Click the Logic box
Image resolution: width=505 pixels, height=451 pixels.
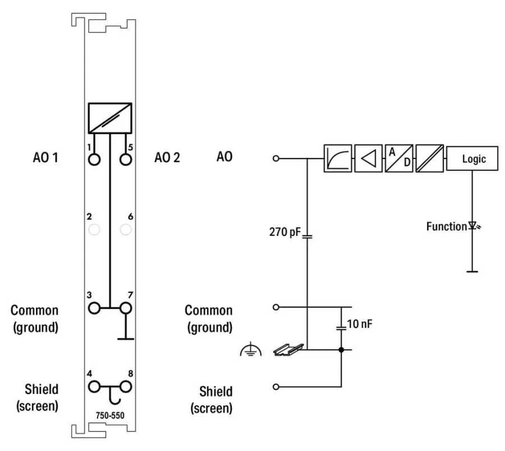[x=474, y=159]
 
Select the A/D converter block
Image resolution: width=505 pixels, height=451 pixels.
[x=399, y=159]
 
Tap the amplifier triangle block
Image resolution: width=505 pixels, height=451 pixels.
[x=369, y=159]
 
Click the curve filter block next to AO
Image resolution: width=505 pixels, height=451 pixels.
[x=338, y=159]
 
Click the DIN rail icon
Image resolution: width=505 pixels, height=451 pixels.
[x=288, y=350]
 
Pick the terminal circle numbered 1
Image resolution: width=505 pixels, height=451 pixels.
[x=94, y=159]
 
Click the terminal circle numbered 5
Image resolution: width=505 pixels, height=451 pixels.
[x=126, y=159]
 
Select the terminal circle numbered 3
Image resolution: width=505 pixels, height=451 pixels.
[x=94, y=308]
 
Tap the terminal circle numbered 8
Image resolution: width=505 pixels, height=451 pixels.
[x=126, y=386]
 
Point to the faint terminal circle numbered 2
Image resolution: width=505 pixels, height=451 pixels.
[x=94, y=229]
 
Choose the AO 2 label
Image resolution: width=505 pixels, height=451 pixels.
[x=167, y=157]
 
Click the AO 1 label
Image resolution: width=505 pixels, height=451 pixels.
[x=45, y=157]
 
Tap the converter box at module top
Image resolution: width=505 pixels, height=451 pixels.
[x=110, y=117]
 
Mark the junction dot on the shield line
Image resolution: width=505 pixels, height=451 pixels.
[x=341, y=350]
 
